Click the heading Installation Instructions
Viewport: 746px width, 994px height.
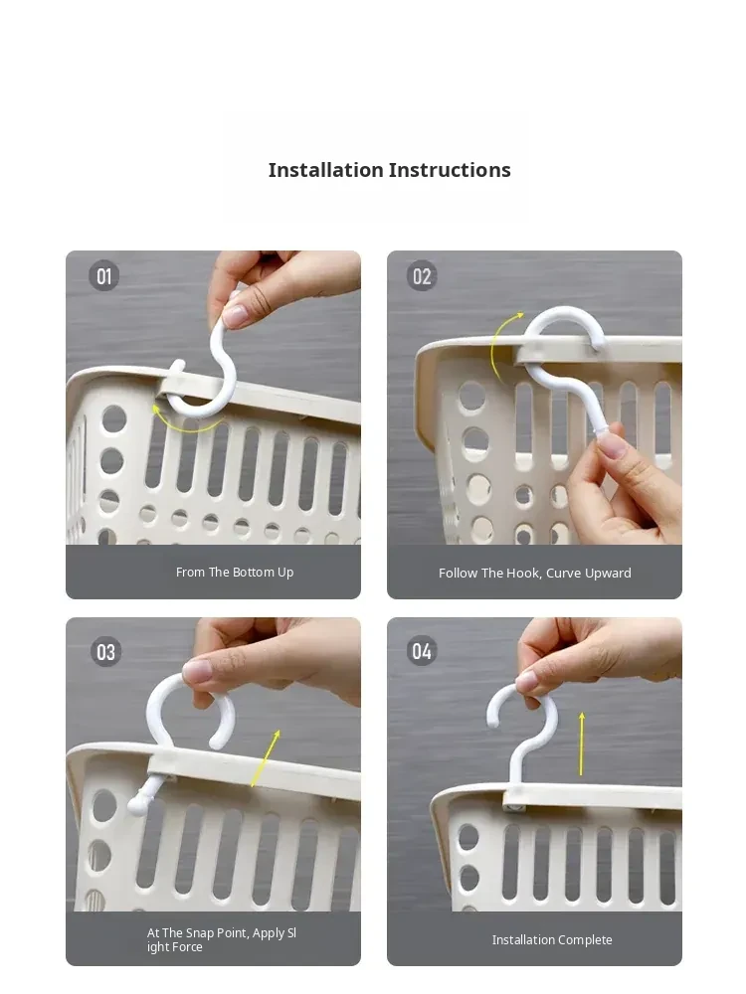pyautogui.click(x=389, y=170)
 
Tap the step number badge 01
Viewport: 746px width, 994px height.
pyautogui.click(x=104, y=275)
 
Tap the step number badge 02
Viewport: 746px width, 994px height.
pyautogui.click(x=422, y=275)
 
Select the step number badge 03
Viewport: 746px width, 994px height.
pyautogui.click(x=106, y=652)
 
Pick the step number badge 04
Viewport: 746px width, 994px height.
pyautogui.click(x=422, y=651)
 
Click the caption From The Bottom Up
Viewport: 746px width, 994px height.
pyautogui.click(x=235, y=572)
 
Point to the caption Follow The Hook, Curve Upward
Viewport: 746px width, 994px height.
pyautogui.click(x=535, y=574)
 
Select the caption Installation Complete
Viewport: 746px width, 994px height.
pyautogui.click(x=552, y=939)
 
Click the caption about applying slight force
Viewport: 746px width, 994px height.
pyautogui.click(x=222, y=939)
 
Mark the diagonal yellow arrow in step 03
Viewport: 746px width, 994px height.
pyautogui.click(x=266, y=758)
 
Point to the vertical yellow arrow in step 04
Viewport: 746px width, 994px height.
pyautogui.click(x=581, y=744)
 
